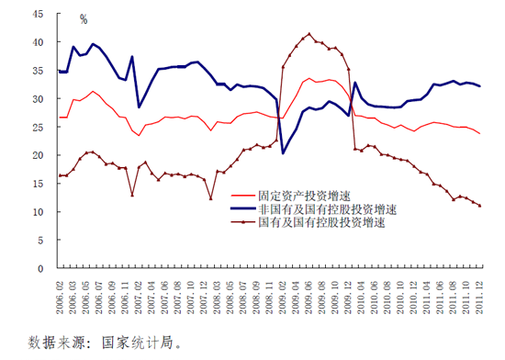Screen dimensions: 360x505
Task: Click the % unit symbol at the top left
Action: pos(83,19)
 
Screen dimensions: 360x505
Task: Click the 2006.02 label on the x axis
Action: pos(61,296)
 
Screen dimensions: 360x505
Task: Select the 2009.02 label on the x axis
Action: pos(283,296)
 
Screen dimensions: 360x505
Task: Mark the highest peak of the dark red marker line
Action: pos(309,34)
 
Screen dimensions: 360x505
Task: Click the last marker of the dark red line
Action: pos(479,206)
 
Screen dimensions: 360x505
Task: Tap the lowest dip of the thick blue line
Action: pos(284,153)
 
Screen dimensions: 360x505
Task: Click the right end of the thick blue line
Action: pos(479,86)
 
